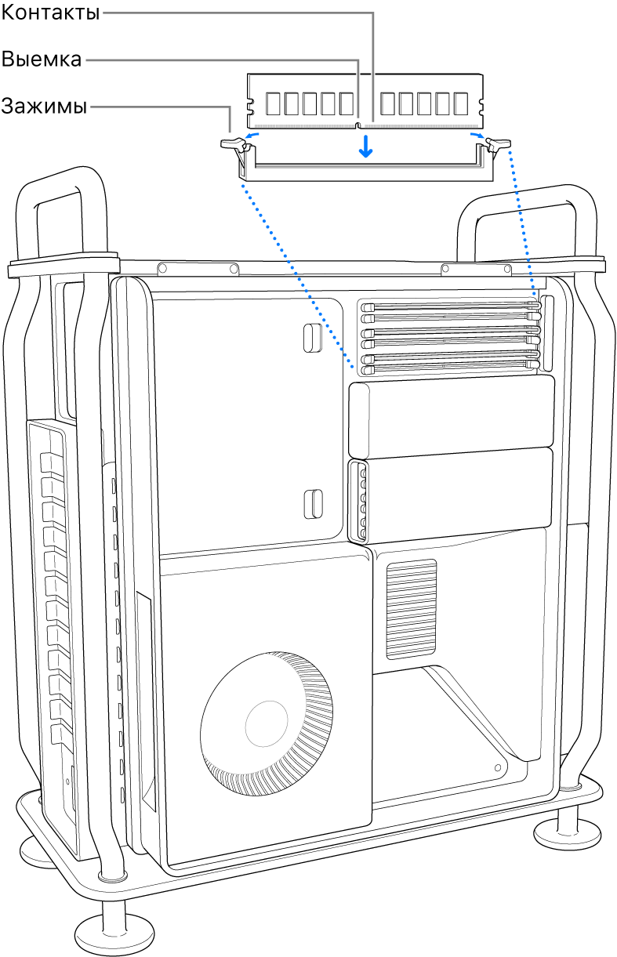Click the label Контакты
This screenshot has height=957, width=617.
click(x=50, y=13)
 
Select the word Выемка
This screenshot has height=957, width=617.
click(x=41, y=59)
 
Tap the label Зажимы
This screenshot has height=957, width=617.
click(x=44, y=106)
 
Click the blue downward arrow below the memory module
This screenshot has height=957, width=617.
click(x=365, y=146)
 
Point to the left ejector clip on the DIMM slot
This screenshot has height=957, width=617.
click(x=235, y=145)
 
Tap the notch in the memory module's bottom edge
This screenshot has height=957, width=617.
click(x=358, y=125)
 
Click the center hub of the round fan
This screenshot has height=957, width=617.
click(x=267, y=723)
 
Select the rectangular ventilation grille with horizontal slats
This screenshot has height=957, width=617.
click(x=412, y=609)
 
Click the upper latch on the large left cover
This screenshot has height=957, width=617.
click(x=313, y=338)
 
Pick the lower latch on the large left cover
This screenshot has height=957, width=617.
click(x=313, y=504)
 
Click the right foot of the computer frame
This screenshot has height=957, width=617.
click(x=568, y=833)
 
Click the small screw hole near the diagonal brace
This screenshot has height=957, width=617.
click(x=498, y=768)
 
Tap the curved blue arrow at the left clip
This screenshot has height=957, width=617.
click(x=251, y=136)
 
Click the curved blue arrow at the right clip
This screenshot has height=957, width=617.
click(x=477, y=136)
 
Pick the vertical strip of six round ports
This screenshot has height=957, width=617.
click(x=362, y=502)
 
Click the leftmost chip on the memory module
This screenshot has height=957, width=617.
click(x=273, y=103)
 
